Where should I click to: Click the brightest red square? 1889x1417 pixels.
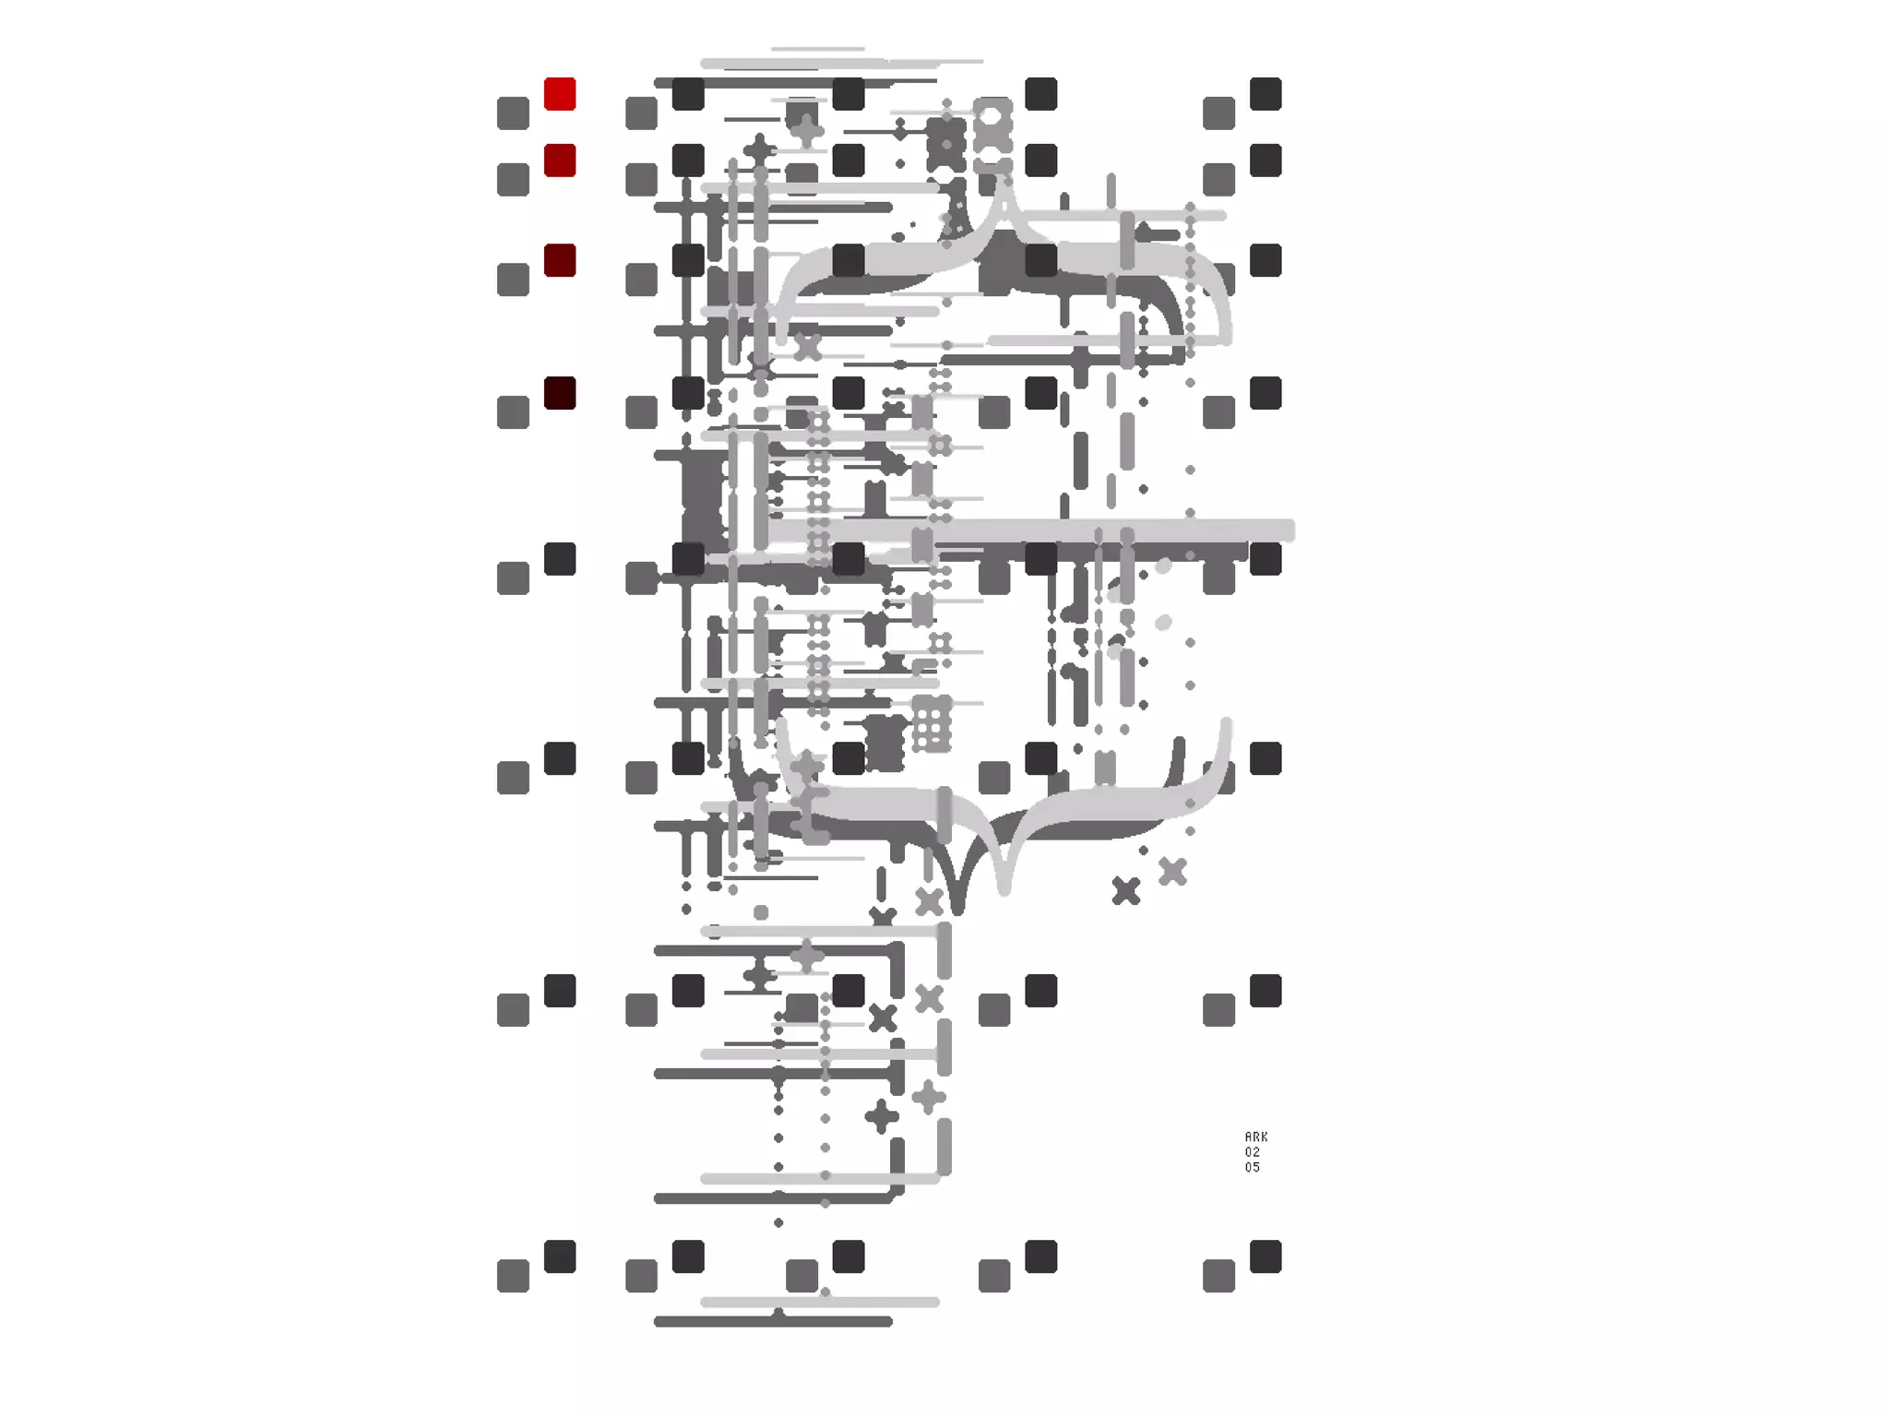[560, 94]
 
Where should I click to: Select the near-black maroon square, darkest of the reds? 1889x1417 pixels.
[560, 393]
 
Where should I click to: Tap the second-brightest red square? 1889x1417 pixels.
[560, 161]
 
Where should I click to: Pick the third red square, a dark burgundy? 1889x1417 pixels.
[560, 260]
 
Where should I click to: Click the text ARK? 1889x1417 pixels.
[1256, 1137]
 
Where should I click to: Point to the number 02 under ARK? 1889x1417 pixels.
[1253, 1152]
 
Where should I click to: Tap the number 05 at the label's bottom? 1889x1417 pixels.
[1253, 1167]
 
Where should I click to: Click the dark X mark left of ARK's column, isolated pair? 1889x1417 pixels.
[1126, 890]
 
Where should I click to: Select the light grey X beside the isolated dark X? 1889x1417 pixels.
[1172, 871]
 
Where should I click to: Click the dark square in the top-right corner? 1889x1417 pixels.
[1265, 94]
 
